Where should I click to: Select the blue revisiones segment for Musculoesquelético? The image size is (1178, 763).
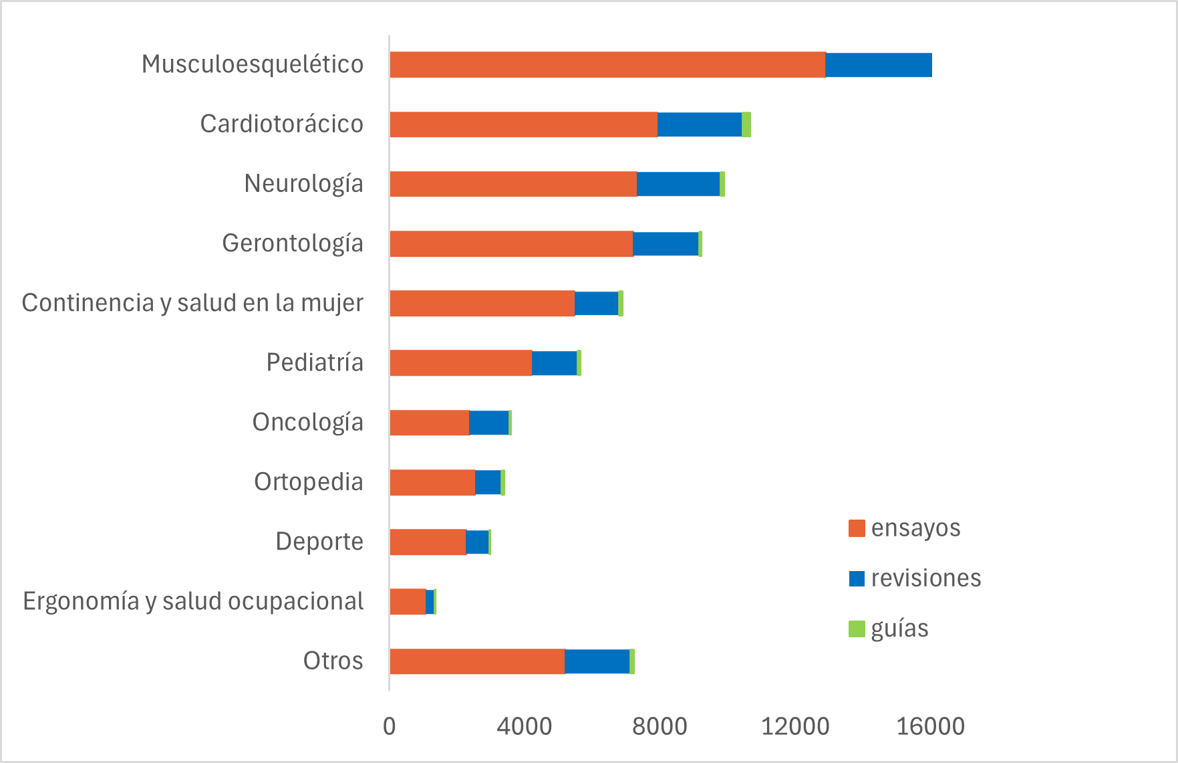tap(878, 65)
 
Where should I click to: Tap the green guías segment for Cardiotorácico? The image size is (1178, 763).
tap(746, 124)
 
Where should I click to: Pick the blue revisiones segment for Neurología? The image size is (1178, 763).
tap(678, 184)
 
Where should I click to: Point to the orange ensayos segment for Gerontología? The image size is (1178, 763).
tap(511, 244)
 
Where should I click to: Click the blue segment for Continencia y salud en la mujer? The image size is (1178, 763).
tap(596, 304)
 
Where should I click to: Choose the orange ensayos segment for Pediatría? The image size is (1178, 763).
tap(460, 363)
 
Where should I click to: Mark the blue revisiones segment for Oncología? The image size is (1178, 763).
tap(488, 423)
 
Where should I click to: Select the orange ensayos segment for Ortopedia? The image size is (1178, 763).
tap(432, 482)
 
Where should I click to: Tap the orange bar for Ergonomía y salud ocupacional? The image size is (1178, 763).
tap(408, 602)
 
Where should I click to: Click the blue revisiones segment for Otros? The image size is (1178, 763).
tap(597, 661)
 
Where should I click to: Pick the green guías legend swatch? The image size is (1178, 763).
tap(857, 629)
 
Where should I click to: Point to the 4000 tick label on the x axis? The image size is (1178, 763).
tap(525, 727)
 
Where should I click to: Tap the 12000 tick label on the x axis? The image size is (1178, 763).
tap(795, 727)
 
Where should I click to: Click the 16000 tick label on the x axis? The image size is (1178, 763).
tap(930, 727)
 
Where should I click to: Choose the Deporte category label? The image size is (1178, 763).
tap(319, 542)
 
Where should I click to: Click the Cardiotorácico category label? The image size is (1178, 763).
tap(281, 124)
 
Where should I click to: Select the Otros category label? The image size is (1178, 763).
tap(333, 661)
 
